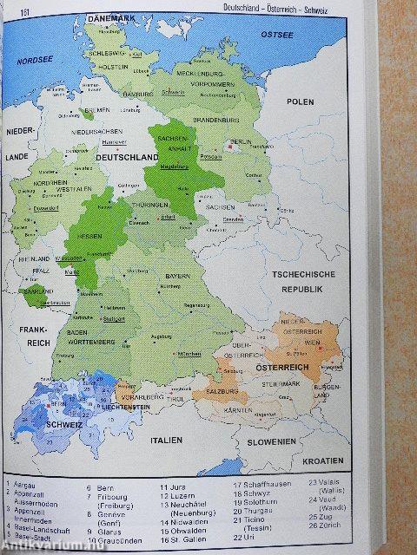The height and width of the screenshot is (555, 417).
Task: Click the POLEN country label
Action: coord(301,101)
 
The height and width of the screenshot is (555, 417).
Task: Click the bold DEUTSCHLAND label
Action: coord(126,158)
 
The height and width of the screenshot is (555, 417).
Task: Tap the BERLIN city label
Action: coord(241,141)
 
